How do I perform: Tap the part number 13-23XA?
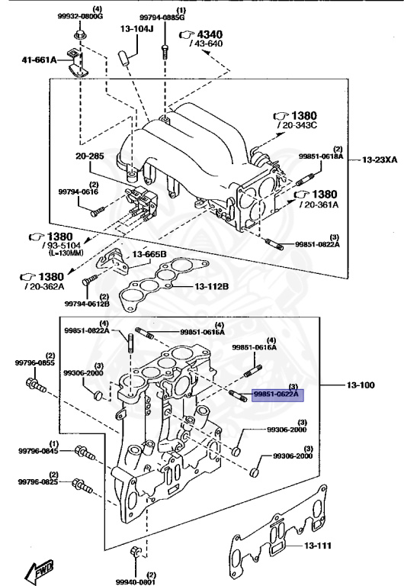[x=378, y=160]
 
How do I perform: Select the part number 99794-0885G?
[x=162, y=16]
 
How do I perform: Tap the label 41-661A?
[x=39, y=59]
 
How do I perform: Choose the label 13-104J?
[x=136, y=29]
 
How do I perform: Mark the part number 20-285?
[x=89, y=156]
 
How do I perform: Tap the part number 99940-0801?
[x=136, y=581]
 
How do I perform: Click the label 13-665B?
[x=150, y=254]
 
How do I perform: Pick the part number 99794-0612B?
[x=87, y=304]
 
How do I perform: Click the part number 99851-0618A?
[x=321, y=156]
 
